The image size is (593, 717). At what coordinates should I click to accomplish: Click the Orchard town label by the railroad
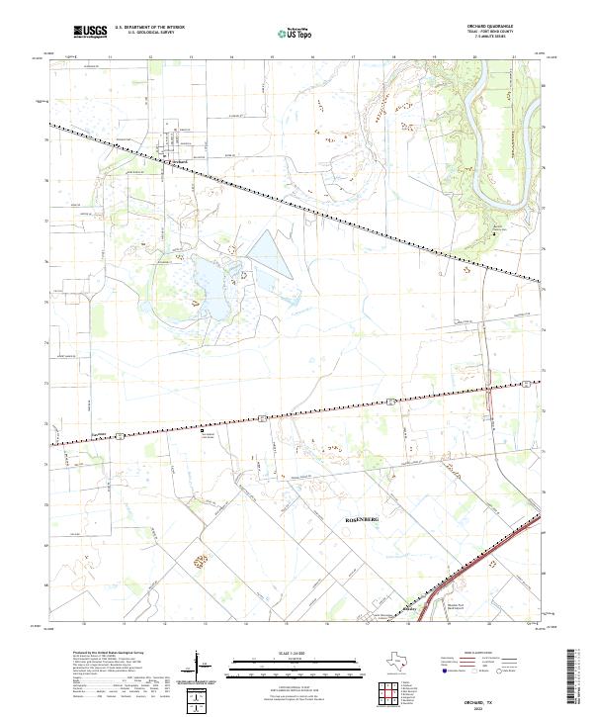click(x=178, y=164)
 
